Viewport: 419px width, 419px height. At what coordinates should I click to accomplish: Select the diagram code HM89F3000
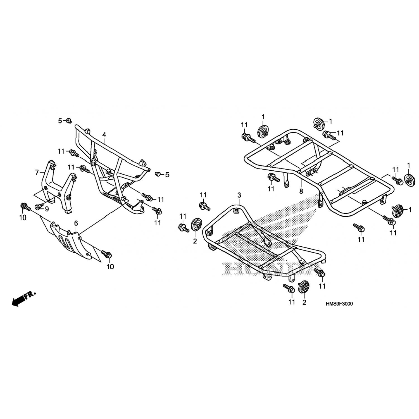[339, 304]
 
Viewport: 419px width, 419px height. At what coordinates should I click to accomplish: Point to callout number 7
[37, 173]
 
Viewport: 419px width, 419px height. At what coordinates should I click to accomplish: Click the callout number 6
[76, 223]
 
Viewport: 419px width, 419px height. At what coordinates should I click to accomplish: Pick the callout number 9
[47, 209]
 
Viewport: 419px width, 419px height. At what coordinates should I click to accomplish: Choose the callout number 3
[239, 195]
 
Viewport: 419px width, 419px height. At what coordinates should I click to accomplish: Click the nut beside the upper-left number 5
[68, 121]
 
